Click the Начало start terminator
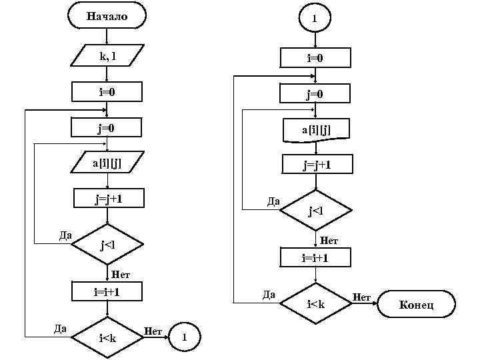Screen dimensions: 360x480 pos(107,15)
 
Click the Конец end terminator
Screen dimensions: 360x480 pos(417,305)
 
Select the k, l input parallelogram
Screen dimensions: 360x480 pos(107,56)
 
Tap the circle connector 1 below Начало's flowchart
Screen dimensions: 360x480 pos(184,336)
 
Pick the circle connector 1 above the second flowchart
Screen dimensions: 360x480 pos(315,19)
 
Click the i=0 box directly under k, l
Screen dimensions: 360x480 pos(107,91)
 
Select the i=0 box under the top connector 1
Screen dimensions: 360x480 pos(315,59)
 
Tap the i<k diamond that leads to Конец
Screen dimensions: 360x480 pos(315,305)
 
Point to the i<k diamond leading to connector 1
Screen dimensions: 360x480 pos(107,337)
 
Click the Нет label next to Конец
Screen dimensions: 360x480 pos(361,297)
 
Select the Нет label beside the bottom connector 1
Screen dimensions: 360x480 pos(153,330)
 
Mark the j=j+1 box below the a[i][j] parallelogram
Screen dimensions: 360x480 pos(107,199)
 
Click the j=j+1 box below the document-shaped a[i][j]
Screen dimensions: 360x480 pos(315,164)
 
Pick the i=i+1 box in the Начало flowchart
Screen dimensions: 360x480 pos(107,291)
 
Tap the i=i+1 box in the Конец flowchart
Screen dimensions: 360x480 pos(315,257)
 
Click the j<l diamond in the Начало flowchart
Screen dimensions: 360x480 pos(107,245)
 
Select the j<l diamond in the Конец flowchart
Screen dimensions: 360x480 pos(315,211)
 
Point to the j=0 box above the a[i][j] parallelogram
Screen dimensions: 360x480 pos(107,127)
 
